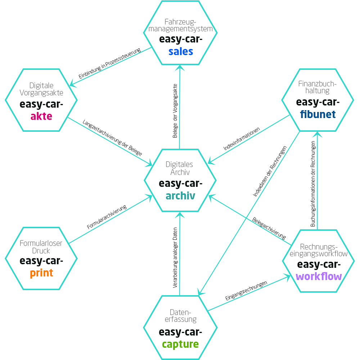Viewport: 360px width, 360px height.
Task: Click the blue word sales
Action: (x=181, y=51)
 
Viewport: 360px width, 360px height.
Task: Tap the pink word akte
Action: (x=41, y=116)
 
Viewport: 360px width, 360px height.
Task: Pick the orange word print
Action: (x=41, y=273)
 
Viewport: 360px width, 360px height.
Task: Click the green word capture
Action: (x=180, y=344)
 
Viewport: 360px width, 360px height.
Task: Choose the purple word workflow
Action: (x=319, y=276)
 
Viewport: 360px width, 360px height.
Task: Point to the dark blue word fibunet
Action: (x=317, y=114)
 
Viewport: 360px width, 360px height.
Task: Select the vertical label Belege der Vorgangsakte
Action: (x=175, y=111)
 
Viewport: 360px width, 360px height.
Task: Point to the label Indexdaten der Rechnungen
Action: (x=270, y=171)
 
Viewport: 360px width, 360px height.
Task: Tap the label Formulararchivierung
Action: (x=107, y=217)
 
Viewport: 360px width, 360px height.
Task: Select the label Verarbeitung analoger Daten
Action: (x=175, y=257)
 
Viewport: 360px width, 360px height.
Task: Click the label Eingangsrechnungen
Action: (x=246, y=291)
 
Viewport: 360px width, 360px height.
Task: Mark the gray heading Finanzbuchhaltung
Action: (x=317, y=87)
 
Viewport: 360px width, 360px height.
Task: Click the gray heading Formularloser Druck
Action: (x=41, y=247)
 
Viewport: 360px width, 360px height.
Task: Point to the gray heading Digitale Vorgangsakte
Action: (x=41, y=89)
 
